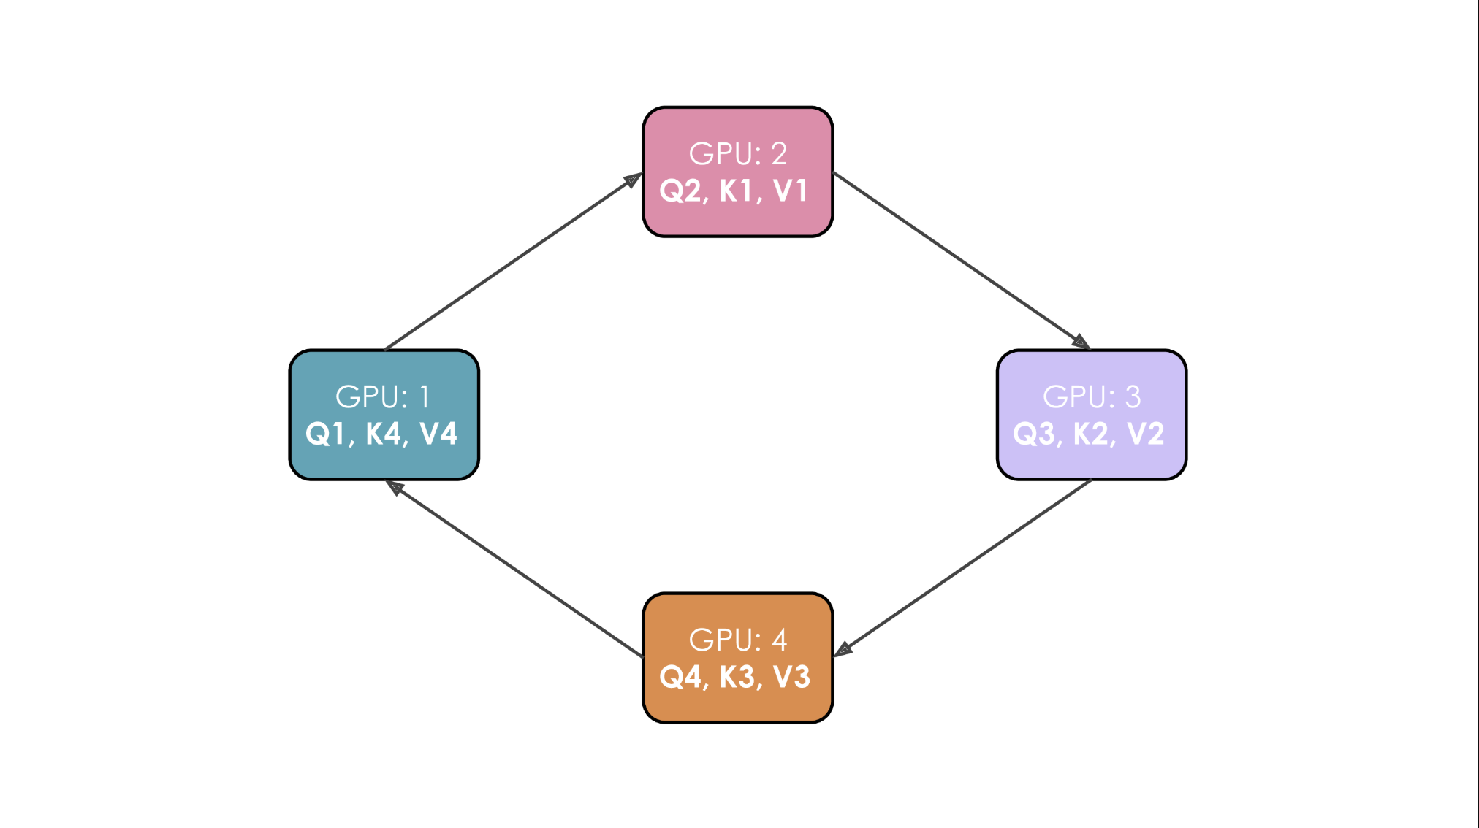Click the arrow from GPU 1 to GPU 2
512,262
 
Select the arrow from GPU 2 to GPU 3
961,261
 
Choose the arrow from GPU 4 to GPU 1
515,569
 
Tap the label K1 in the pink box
737,191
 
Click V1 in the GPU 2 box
791,191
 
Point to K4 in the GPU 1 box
383,434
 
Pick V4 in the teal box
438,434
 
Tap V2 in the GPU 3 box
1145,434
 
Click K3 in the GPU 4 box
737,678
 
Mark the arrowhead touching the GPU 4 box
843,649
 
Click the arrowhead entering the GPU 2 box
632,180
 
